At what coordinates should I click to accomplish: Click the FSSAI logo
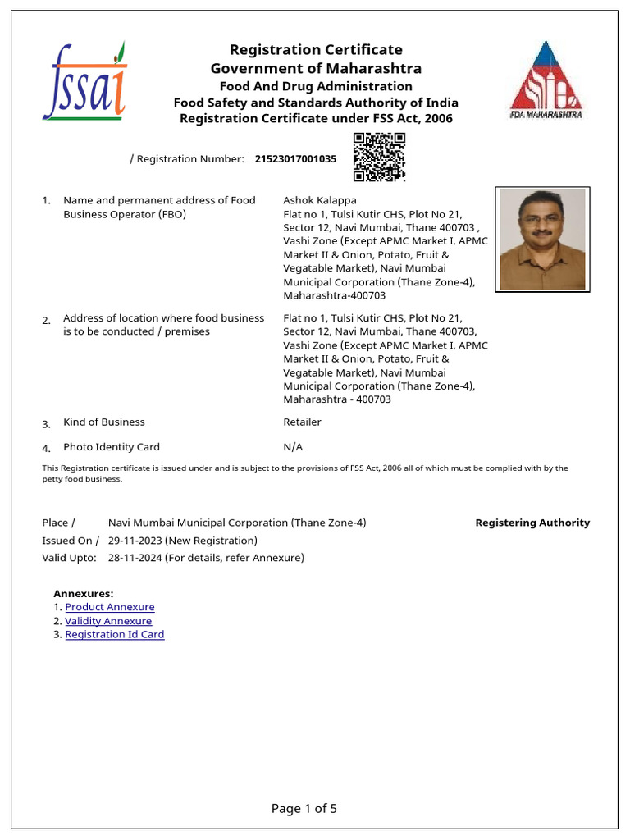(84, 82)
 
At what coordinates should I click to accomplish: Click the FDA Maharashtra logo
(546, 80)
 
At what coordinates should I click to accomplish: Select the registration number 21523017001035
(295, 159)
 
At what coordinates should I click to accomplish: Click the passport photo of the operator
(542, 239)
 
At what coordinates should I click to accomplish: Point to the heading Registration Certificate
(316, 50)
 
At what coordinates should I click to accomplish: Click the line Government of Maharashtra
(316, 68)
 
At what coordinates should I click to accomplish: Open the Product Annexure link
(110, 607)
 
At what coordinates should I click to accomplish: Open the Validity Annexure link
(108, 621)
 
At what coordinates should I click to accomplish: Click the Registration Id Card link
(115, 634)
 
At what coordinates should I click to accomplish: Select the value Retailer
(302, 422)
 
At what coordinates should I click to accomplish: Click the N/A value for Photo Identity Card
(293, 447)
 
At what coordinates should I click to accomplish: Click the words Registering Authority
(532, 523)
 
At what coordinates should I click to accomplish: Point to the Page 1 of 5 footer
(304, 808)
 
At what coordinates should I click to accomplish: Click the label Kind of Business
(104, 422)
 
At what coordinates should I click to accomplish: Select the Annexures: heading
(84, 593)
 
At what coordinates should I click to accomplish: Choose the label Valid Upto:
(69, 558)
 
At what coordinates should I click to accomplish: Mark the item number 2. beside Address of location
(47, 320)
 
